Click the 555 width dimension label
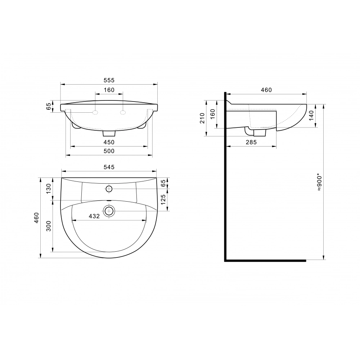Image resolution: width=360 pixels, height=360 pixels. (x=109, y=80)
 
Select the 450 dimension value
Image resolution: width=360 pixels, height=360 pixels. (x=109, y=142)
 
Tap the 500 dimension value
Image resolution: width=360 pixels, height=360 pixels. (x=109, y=151)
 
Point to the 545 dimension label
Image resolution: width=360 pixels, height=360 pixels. (x=109, y=167)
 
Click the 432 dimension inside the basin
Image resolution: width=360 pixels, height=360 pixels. (x=94, y=216)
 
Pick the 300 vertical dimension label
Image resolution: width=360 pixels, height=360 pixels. (x=49, y=226)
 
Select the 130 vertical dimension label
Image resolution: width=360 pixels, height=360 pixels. (x=49, y=189)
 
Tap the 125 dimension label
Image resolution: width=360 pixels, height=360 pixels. (x=163, y=200)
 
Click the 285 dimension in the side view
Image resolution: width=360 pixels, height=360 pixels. (x=251, y=142)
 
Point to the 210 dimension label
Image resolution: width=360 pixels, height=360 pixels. (x=202, y=118)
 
